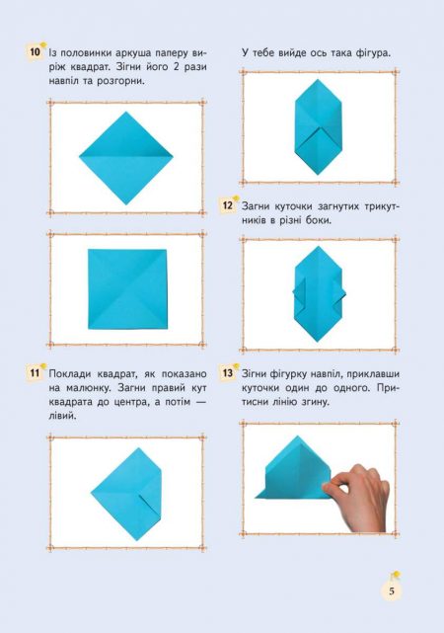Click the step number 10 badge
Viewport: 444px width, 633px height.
click(36, 52)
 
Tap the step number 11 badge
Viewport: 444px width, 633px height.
click(35, 372)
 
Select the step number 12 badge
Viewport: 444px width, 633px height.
click(228, 205)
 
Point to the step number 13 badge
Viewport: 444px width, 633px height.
click(228, 372)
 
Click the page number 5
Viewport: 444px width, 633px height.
click(392, 592)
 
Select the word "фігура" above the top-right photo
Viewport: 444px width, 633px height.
click(372, 53)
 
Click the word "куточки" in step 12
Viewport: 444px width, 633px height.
click(293, 206)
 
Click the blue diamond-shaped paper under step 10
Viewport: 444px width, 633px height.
click(126, 158)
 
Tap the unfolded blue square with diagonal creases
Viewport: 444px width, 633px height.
click(127, 289)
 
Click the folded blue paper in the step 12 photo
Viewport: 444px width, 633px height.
click(318, 294)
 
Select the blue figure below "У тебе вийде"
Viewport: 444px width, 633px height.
click(318, 126)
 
